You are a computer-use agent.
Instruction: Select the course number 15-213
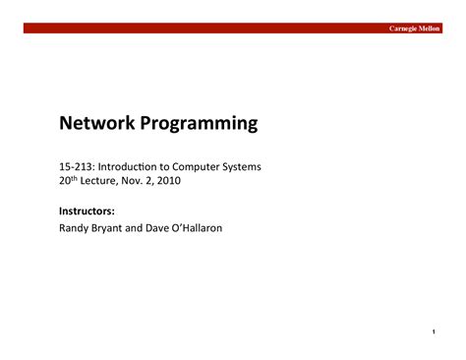pos(77,167)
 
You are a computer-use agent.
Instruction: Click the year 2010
pos(170,182)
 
